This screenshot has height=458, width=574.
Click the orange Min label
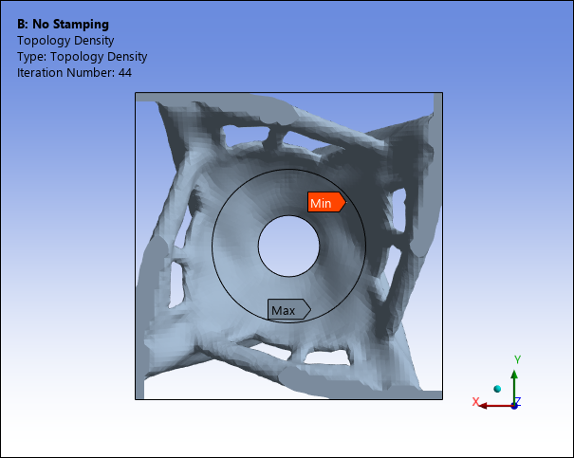click(x=326, y=202)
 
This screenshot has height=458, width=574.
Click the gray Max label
click(x=289, y=309)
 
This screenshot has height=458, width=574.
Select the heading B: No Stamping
click(x=63, y=24)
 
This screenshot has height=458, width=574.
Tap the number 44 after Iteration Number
click(x=125, y=72)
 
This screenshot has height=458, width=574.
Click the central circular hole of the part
click(x=288, y=246)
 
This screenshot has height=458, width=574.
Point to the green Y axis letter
click(x=517, y=359)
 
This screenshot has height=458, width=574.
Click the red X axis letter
click(x=475, y=402)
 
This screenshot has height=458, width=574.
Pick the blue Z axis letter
click(x=518, y=401)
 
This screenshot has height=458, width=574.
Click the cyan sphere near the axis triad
click(x=497, y=389)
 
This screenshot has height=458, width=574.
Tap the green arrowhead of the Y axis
click(x=514, y=375)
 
